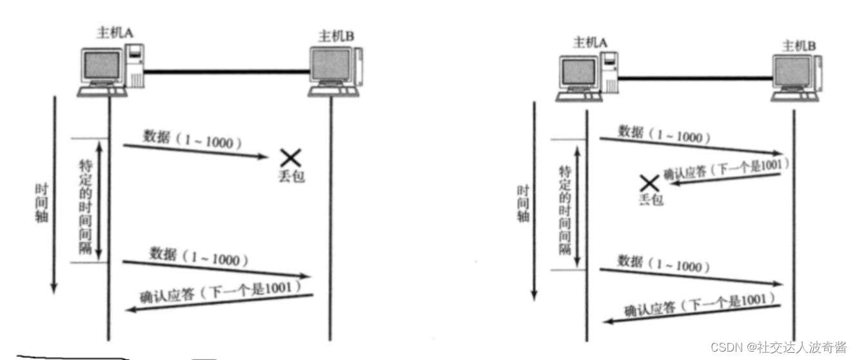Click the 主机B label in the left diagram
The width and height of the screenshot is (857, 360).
point(335,37)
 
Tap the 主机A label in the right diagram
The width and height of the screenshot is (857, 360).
point(590,43)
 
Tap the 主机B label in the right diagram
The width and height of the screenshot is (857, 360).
point(798,46)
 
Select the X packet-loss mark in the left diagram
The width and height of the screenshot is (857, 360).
point(290,157)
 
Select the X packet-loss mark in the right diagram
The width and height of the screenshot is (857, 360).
point(648,183)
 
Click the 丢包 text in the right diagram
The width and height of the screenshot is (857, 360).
point(651,201)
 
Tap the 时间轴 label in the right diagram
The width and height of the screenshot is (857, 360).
point(523,203)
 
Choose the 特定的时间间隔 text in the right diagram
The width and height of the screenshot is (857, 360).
point(566,210)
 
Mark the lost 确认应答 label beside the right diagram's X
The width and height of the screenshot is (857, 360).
point(725,170)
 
